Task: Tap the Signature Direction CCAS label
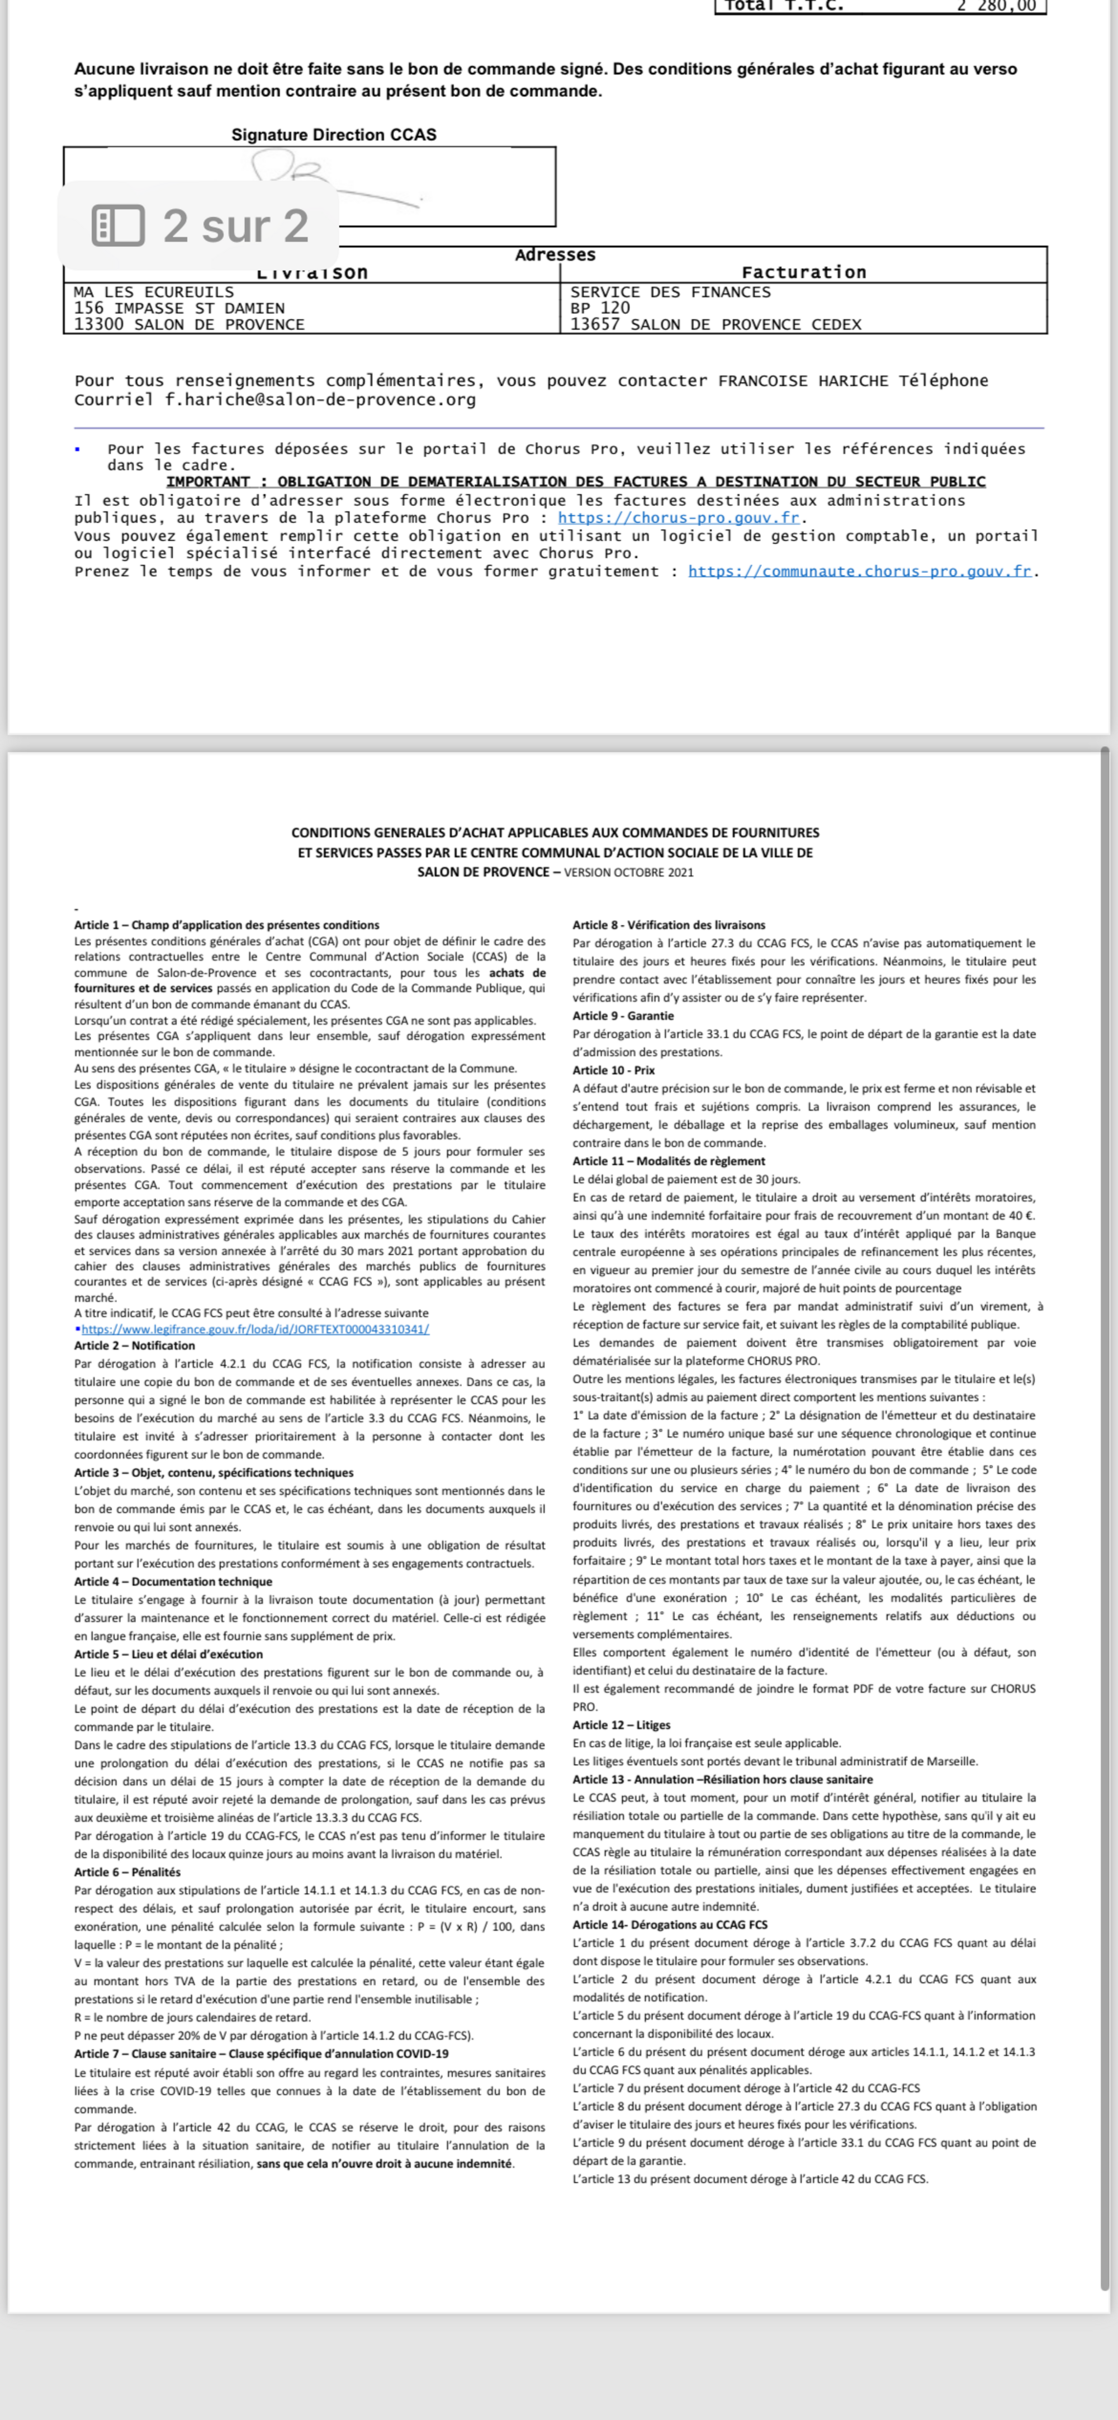(334, 134)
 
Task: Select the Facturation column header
(803, 272)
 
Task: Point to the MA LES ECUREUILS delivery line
(154, 292)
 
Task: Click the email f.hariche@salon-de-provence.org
(320, 399)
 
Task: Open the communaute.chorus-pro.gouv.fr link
(860, 571)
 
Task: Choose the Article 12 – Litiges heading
(621, 1725)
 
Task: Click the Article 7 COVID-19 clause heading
(261, 2054)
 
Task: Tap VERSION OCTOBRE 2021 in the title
(628, 873)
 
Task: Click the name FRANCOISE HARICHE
(802, 380)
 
